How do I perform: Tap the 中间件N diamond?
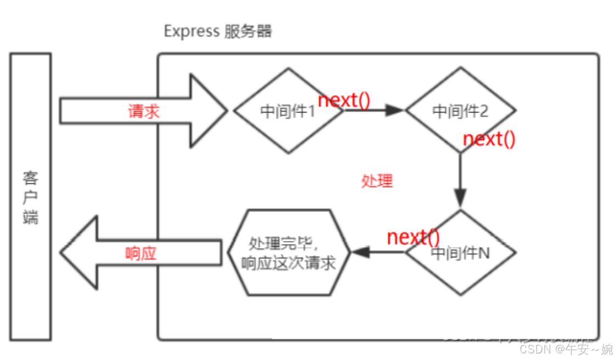pos(460,253)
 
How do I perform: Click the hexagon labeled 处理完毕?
pos(289,252)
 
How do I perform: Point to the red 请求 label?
pos(144,111)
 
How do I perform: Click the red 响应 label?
pos(141,253)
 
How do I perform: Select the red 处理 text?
pos(377,181)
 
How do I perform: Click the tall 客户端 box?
pos(31,196)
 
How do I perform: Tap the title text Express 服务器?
pos(217,31)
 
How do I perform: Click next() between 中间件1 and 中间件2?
pos(345,100)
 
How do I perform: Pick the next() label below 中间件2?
pos(489,139)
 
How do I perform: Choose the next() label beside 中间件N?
pos(413,237)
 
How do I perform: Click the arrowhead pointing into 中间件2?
pos(395,110)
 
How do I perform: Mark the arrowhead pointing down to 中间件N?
pos(460,198)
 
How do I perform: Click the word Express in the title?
pos(191,31)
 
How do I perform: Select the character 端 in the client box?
pos(31,216)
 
